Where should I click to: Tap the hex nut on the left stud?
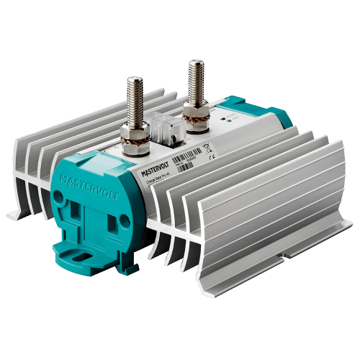click(x=135, y=134)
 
